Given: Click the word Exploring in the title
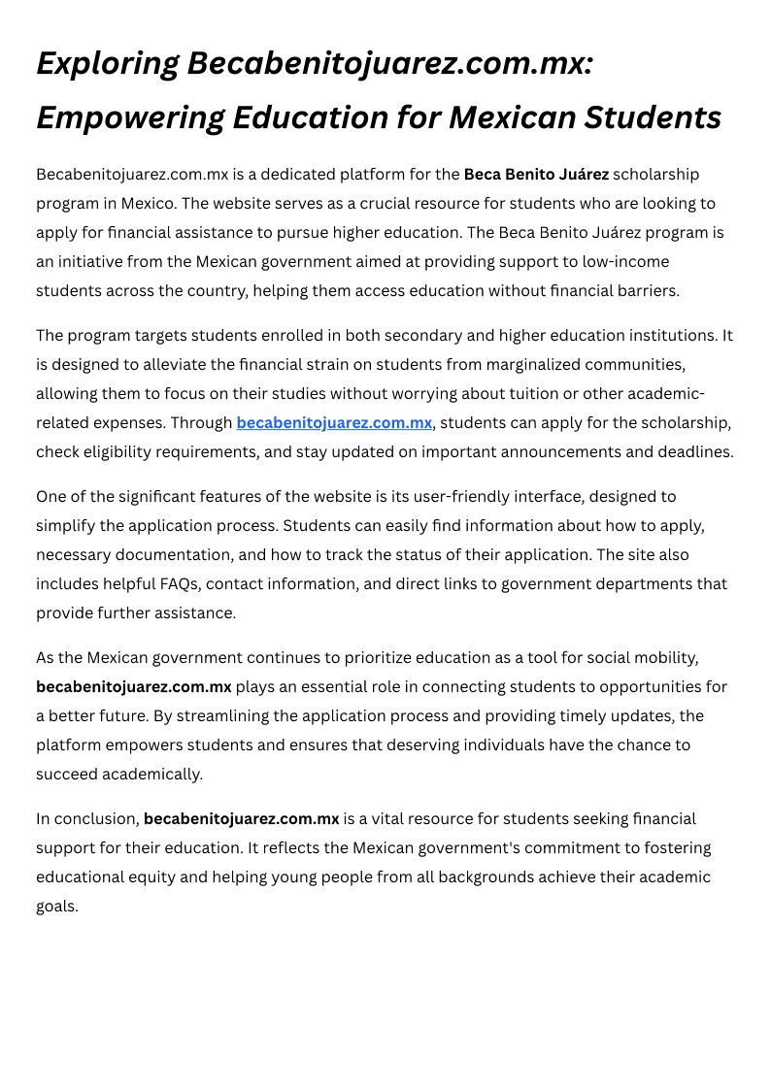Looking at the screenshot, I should (107, 64).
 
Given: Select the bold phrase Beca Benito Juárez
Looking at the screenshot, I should (536, 175).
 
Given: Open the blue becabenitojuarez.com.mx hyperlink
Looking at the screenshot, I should (334, 423).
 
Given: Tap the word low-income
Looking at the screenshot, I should (625, 262).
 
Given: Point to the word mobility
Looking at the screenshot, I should (665, 658).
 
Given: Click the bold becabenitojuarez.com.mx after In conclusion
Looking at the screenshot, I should (241, 819).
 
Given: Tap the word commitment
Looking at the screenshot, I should (549, 848).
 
